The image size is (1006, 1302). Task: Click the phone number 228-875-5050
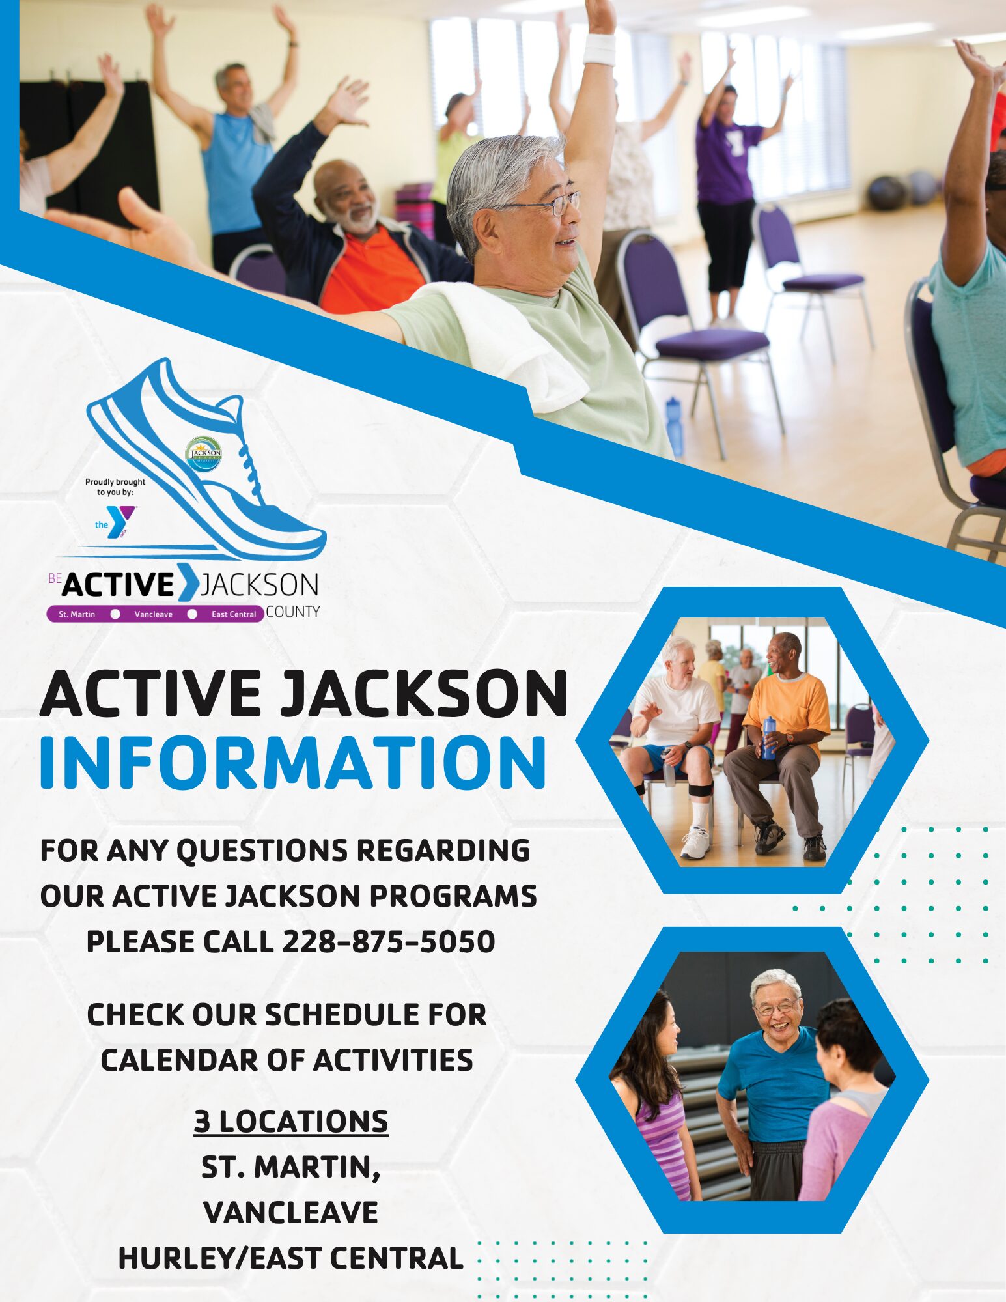tap(388, 942)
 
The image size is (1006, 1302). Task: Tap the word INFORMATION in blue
tap(293, 763)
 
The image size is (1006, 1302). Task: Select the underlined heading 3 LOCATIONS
tap(290, 1121)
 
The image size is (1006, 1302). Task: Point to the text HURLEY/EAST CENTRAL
tap(290, 1258)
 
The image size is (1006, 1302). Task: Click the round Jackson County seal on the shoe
tap(203, 454)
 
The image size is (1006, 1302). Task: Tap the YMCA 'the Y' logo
tap(117, 522)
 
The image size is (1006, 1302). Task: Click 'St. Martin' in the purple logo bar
tap(77, 614)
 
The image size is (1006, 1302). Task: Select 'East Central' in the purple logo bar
tap(234, 614)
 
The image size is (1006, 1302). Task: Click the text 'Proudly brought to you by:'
tap(115, 487)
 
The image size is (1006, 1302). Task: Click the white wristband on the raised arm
tap(599, 50)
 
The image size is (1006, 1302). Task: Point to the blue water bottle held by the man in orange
tap(769, 737)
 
